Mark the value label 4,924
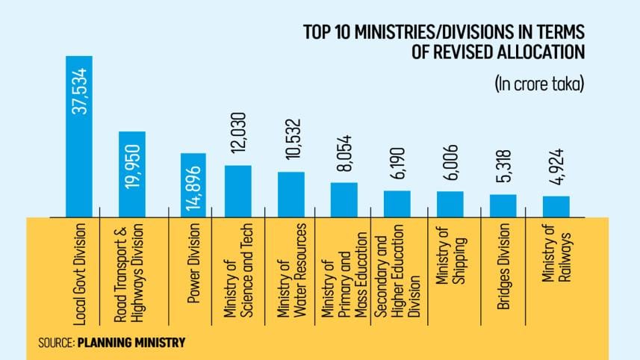(x=556, y=173)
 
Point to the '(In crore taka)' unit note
(x=538, y=84)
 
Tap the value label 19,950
(x=133, y=168)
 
